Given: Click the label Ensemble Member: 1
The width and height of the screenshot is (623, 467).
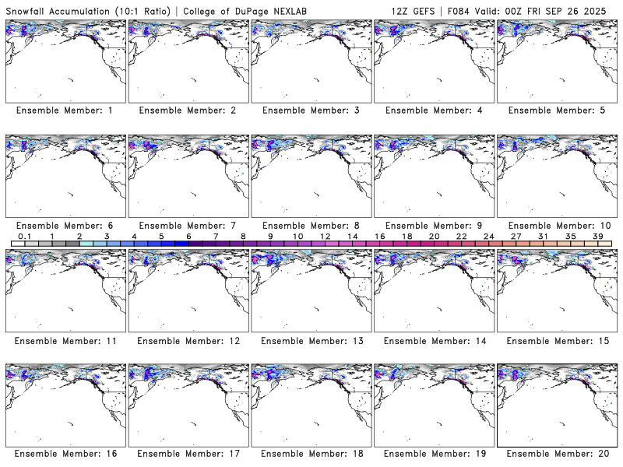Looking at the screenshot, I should [64, 111].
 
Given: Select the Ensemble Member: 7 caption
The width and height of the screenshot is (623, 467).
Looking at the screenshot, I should [186, 226].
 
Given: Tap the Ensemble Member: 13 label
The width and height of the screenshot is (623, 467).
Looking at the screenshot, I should [309, 341].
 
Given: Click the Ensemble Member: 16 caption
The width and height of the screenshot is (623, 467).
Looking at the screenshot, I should [64, 453].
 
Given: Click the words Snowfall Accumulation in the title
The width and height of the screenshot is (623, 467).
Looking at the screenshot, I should [58, 10].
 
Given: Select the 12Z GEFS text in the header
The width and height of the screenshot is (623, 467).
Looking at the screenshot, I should [410, 10].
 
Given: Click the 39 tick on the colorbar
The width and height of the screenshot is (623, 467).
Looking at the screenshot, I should [597, 236].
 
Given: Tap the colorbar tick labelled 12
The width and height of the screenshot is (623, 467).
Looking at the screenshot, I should [325, 236].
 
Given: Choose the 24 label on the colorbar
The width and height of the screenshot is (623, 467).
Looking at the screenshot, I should [488, 236].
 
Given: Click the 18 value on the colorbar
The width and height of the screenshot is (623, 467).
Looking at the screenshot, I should [407, 236].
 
